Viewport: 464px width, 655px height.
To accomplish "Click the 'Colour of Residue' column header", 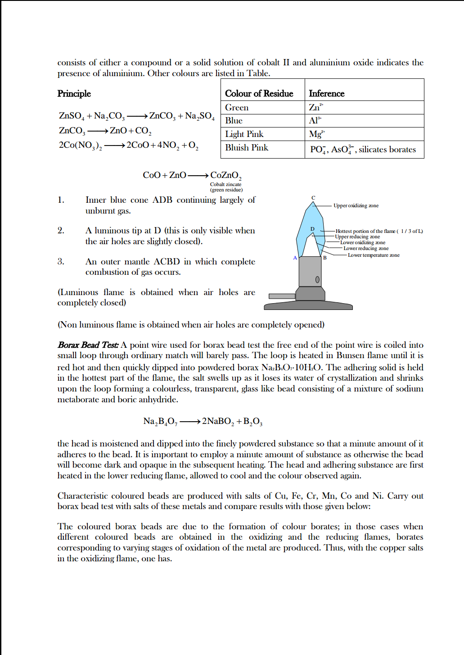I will (259, 93).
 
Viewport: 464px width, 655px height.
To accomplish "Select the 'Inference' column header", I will (326, 93).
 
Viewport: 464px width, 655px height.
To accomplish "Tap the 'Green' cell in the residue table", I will (237, 107).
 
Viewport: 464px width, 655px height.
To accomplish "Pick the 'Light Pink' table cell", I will (244, 134).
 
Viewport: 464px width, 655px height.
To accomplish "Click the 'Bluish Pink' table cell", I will (247, 148).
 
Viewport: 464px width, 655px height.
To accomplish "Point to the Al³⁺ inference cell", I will (315, 120).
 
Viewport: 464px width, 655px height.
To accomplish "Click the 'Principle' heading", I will (74, 93).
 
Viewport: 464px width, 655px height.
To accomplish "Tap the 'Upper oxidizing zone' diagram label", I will (356, 205).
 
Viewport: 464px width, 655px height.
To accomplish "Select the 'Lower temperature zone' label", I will (373, 255).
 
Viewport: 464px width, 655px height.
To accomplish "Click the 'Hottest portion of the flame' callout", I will (378, 231).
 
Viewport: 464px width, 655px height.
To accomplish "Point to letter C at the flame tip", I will (313, 198).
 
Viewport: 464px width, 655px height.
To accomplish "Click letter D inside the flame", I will (312, 229).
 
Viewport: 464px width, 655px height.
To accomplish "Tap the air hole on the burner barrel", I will (317, 279).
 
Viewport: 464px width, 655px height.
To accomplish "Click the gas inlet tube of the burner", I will (282, 296).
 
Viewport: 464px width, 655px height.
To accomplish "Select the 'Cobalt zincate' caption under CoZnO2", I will (225, 184).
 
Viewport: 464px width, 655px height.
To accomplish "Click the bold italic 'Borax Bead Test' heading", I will (88, 345).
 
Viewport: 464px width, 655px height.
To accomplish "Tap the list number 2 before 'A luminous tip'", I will (61, 231).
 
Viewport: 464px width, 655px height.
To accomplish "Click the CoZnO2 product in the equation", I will (225, 175).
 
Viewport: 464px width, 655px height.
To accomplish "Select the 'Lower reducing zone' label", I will (365, 248).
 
